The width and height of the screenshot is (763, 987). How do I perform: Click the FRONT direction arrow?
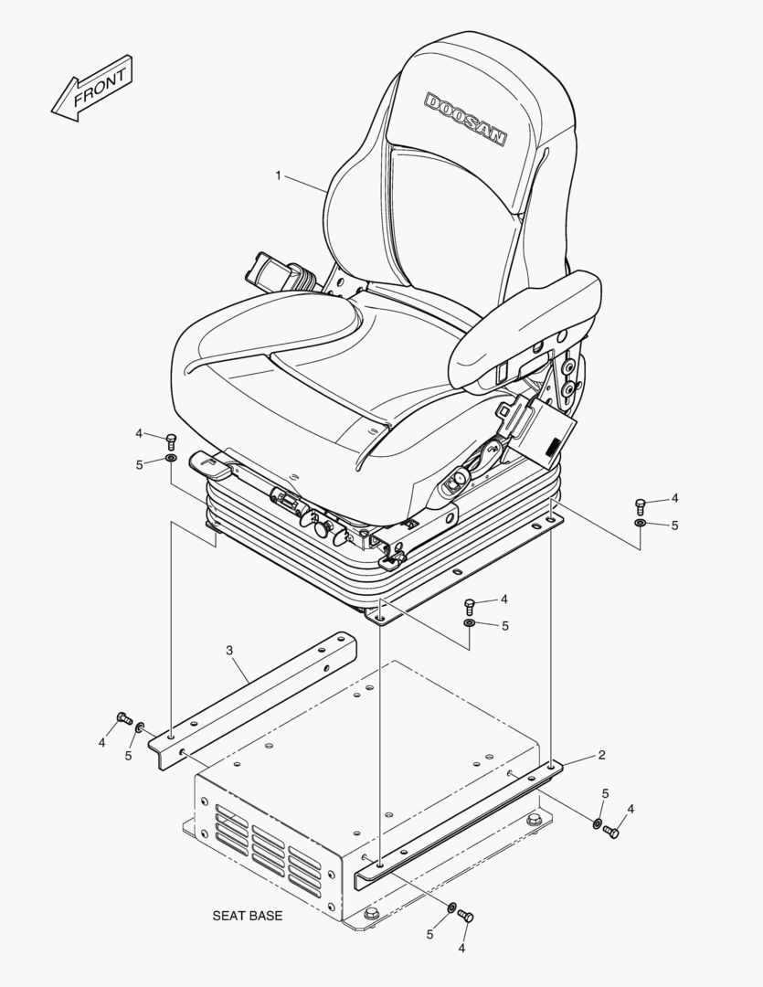tap(92, 88)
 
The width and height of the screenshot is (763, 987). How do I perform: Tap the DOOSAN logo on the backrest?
tap(465, 120)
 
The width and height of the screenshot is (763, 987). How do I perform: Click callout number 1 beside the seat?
tap(279, 175)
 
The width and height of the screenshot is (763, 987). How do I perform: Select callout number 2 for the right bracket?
tap(602, 755)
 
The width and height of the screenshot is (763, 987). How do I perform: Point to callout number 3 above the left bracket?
tap(229, 649)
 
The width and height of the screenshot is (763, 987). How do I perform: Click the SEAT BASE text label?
tap(248, 916)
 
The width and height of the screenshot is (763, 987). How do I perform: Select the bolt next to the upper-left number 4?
tap(170, 440)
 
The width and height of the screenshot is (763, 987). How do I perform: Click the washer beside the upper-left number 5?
tap(170, 458)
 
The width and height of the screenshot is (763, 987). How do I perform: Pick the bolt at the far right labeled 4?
tap(641, 504)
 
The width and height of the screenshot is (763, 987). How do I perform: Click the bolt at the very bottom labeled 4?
tap(466, 916)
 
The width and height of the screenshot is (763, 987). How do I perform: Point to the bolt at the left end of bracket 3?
tap(124, 717)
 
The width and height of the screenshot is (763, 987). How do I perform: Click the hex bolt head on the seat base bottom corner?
tap(371, 913)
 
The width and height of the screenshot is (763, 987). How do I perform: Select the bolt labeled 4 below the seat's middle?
tap(470, 606)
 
